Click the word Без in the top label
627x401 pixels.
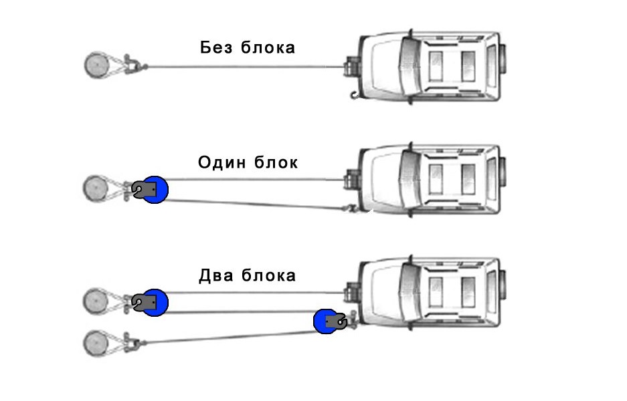[x=216, y=47]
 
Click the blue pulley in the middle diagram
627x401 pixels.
[x=155, y=190]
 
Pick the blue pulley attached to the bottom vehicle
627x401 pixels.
[x=325, y=321]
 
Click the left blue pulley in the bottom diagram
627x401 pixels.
[x=155, y=302]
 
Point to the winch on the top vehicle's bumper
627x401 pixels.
[x=350, y=68]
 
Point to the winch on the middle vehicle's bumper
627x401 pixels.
[x=350, y=180]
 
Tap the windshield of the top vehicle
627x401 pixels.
[x=408, y=67]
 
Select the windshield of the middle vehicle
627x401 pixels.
[x=408, y=180]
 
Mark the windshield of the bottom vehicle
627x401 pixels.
[x=408, y=293]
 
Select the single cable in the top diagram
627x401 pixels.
[x=241, y=66]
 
